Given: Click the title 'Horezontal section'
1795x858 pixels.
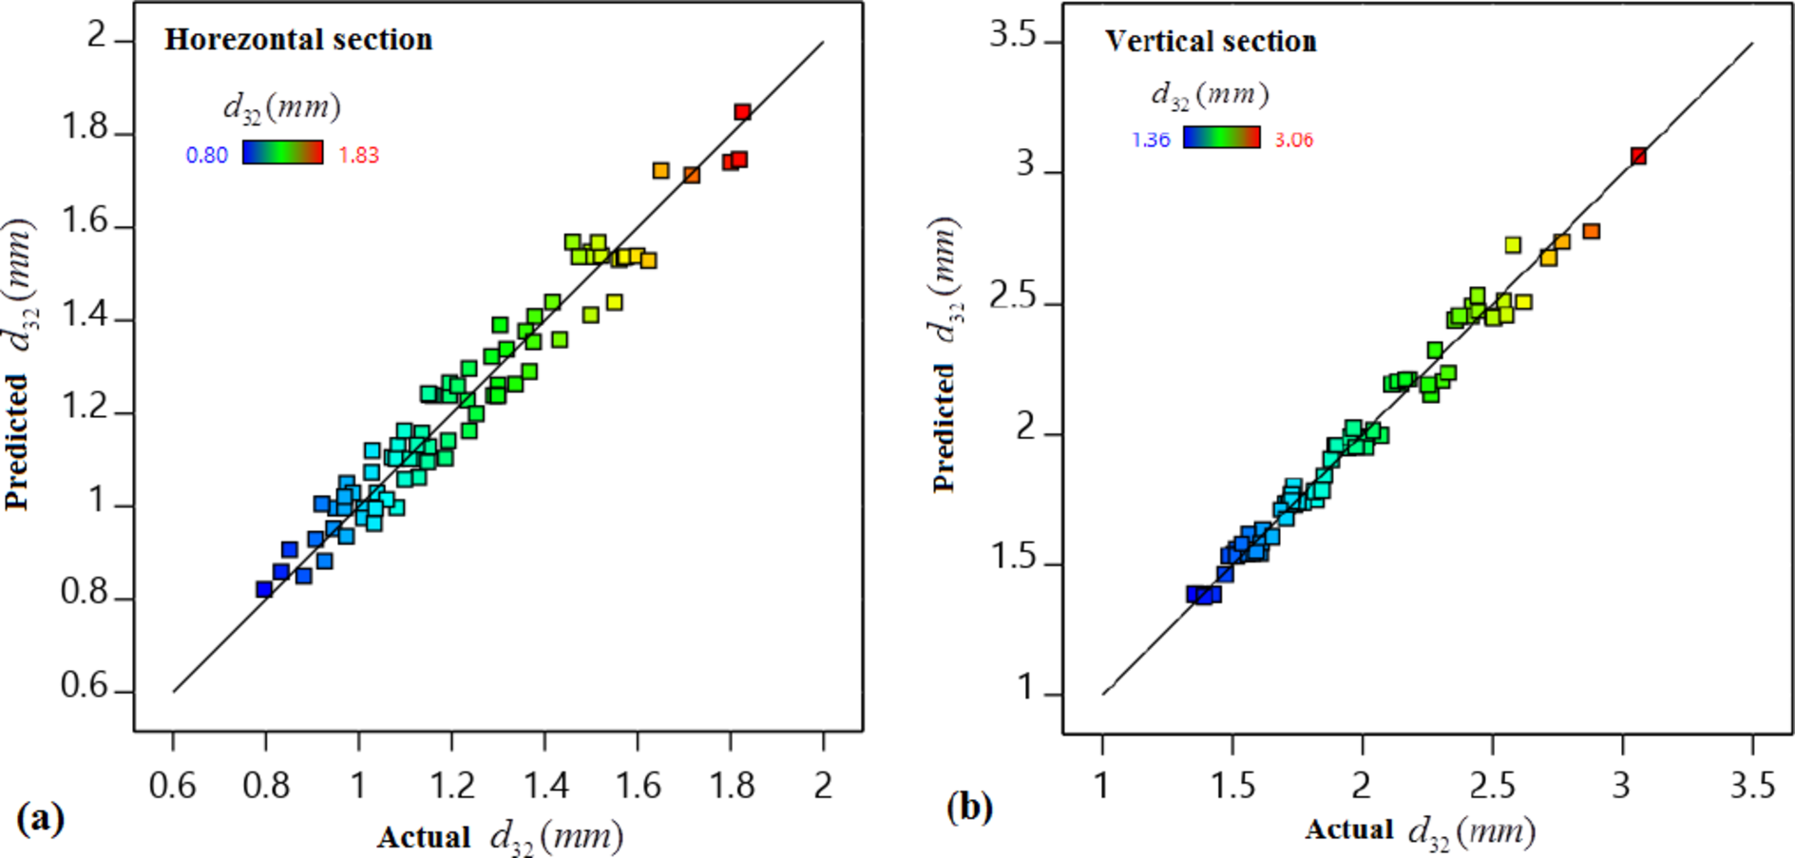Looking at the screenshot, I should click(x=298, y=39).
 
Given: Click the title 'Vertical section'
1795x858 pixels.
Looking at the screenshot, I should click(x=1211, y=41).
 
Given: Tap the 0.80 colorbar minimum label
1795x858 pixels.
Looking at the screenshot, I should click(x=206, y=156).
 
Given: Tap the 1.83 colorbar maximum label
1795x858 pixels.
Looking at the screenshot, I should click(x=358, y=156).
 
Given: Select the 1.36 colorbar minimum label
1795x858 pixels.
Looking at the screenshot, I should click(x=1150, y=141).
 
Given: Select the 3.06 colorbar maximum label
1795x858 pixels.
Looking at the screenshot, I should click(x=1293, y=141).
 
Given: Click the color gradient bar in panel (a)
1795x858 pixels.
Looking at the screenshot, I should click(x=282, y=153).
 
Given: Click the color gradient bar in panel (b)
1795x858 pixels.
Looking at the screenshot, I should click(x=1221, y=138).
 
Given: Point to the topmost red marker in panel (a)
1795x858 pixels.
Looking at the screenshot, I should click(x=742, y=112).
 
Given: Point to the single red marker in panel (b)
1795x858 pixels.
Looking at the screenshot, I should click(x=1638, y=156).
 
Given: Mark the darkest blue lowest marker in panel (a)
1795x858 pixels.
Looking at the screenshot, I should click(x=264, y=589).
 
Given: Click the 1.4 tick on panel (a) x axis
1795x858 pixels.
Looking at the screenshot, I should click(x=545, y=785).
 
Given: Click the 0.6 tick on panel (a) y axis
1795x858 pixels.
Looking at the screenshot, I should click(x=85, y=687).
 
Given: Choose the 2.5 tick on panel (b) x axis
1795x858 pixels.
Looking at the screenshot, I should click(x=1492, y=785).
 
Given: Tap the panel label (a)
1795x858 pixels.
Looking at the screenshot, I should click(x=40, y=817).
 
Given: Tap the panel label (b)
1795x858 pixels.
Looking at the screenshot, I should click(x=968, y=807).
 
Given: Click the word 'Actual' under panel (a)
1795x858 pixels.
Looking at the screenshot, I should click(x=424, y=837).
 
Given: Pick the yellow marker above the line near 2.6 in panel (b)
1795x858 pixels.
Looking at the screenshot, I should click(x=1513, y=245).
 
